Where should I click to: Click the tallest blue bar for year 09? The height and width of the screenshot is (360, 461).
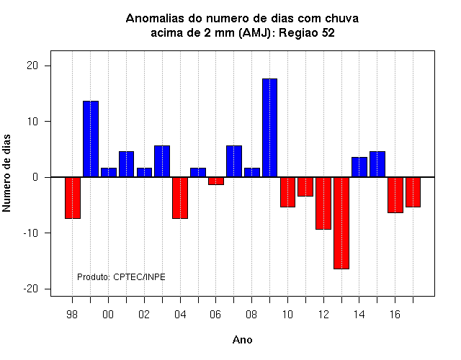point(270,128)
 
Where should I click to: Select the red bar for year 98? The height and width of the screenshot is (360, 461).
point(73,198)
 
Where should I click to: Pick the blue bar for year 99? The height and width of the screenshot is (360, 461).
point(91,139)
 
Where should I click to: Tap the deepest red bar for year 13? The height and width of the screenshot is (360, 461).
point(341,223)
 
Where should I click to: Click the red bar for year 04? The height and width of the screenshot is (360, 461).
point(180,198)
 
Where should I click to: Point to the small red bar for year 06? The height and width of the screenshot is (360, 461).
point(216,181)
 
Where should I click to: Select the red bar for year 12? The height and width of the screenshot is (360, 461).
point(323,203)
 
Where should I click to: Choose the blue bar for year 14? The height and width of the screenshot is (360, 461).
point(359,167)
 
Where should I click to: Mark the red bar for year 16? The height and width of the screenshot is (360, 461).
point(395,195)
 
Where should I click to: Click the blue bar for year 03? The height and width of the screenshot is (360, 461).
point(162,161)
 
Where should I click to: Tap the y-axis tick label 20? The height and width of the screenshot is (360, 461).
point(32,66)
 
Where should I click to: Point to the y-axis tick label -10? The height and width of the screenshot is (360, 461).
point(31,233)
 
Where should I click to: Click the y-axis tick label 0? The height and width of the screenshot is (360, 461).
point(35,177)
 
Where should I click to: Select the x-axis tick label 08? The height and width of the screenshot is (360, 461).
point(251,315)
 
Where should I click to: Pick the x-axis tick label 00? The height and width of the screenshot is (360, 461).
point(108,315)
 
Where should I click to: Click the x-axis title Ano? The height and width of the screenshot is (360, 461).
point(242,340)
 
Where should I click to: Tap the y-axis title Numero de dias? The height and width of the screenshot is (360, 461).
point(6,173)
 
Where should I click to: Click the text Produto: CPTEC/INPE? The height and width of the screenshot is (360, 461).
point(121,276)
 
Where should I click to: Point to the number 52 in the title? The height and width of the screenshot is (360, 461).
point(328,32)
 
